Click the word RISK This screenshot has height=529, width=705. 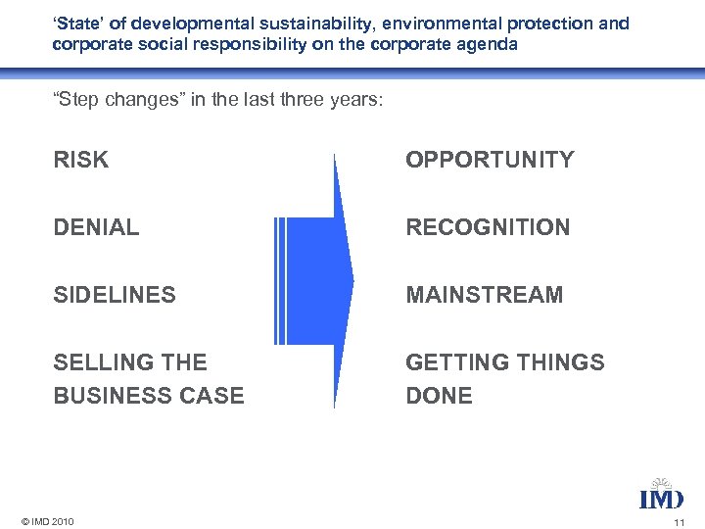(x=81, y=161)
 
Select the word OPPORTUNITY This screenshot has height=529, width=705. (x=490, y=161)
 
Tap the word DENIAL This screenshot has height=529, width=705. (x=97, y=228)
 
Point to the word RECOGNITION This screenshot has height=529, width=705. (x=488, y=228)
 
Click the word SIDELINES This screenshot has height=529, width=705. (x=115, y=295)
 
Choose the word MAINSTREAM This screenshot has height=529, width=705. (x=485, y=295)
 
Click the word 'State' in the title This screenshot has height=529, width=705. (x=75, y=23)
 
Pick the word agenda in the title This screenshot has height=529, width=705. (x=494, y=44)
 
